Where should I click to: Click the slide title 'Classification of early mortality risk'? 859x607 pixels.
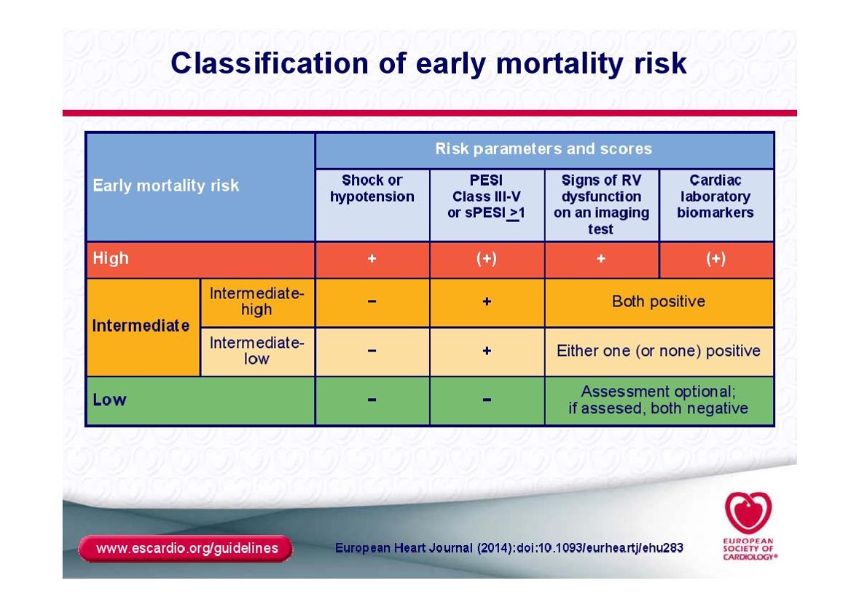428,63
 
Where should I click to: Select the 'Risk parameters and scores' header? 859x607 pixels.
544,149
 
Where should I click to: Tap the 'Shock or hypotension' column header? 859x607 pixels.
372,189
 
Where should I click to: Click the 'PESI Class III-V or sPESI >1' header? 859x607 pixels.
486,197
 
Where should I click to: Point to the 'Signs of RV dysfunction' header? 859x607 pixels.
601,205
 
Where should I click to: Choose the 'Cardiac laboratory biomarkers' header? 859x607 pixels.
715,196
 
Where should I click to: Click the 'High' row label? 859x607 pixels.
111,258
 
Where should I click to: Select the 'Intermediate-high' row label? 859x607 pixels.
256,301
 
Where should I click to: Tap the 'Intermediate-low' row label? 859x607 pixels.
256,351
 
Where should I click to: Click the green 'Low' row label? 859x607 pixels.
109,400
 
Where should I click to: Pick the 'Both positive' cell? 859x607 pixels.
659,301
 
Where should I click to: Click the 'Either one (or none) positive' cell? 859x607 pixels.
659,351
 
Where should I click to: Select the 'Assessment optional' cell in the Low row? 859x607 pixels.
658,400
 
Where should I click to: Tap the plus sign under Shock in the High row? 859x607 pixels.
372,258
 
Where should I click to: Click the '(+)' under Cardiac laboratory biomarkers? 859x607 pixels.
715,258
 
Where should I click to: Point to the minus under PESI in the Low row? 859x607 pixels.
487,400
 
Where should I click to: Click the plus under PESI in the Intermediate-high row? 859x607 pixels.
487,301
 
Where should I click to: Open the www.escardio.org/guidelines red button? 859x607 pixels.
186,549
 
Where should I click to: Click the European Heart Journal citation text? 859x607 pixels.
509,548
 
